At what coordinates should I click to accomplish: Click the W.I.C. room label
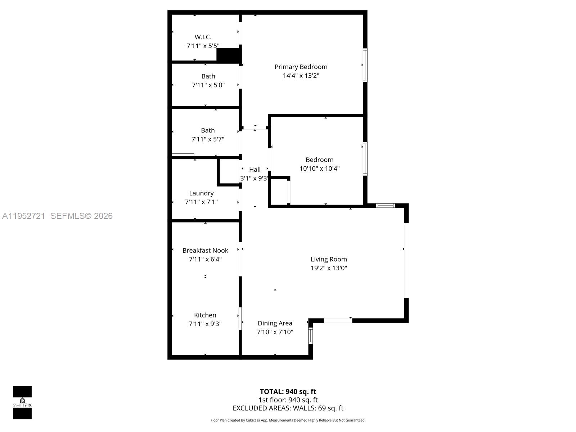(x=203, y=37)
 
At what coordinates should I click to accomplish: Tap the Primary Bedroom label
(x=301, y=67)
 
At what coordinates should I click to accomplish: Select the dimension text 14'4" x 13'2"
(x=301, y=76)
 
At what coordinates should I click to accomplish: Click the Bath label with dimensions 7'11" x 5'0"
(x=208, y=76)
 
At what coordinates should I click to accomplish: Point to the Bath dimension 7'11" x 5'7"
(x=208, y=139)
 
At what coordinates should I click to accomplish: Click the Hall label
(x=255, y=170)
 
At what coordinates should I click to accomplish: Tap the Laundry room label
(x=201, y=193)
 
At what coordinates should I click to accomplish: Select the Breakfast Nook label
(x=205, y=251)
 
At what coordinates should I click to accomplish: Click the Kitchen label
(x=205, y=315)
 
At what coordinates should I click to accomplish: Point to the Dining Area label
(x=275, y=323)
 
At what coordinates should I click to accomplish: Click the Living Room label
(x=329, y=259)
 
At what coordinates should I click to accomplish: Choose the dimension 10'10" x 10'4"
(x=319, y=168)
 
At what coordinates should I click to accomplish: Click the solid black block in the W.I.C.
(x=228, y=55)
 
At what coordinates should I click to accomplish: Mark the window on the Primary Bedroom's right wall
(x=365, y=65)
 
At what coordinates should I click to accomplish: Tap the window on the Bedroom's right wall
(x=365, y=159)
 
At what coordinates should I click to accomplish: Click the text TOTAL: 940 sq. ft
(x=288, y=392)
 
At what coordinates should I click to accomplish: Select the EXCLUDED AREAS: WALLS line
(x=288, y=408)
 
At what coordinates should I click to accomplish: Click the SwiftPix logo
(x=22, y=402)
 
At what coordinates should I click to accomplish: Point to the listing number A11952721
(x=24, y=216)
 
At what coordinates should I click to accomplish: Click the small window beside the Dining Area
(x=310, y=336)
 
